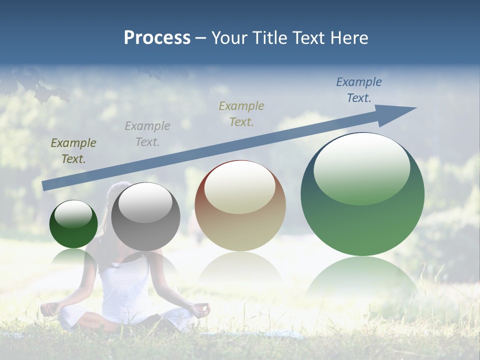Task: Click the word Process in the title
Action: pyautogui.click(x=157, y=38)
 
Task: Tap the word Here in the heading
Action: pyautogui.click(x=349, y=38)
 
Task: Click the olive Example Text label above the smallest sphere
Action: pyautogui.click(x=73, y=150)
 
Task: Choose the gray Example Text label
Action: pyautogui.click(x=147, y=133)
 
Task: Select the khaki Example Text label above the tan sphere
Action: pyautogui.click(x=241, y=113)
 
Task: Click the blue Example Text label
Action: pyautogui.click(x=359, y=90)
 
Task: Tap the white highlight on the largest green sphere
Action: pyautogui.click(x=362, y=167)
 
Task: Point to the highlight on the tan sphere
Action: pyautogui.click(x=239, y=187)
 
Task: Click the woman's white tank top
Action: pyautogui.click(x=125, y=290)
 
